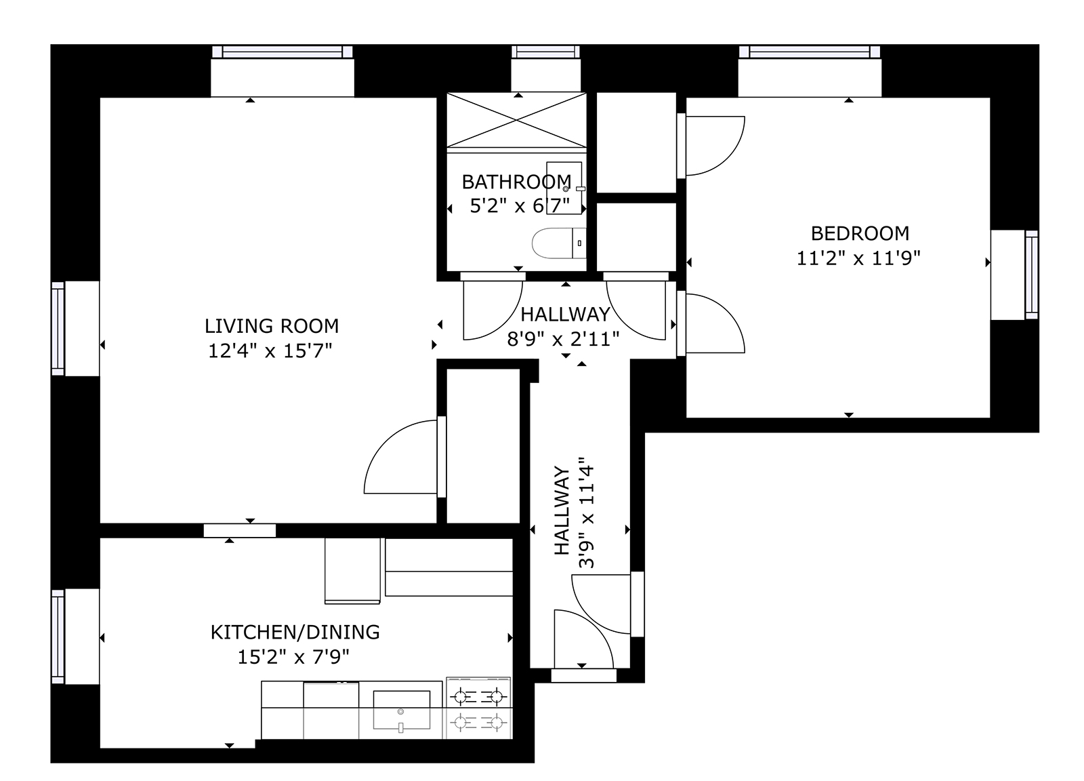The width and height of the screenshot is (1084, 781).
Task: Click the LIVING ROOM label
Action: pos(272,326)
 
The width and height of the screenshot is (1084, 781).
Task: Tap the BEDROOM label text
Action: pos(860,233)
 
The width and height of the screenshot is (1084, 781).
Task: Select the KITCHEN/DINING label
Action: pos(295,633)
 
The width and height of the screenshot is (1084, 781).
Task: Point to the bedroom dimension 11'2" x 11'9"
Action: pos(858,258)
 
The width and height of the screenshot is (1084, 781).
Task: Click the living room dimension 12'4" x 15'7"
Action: pos(270,351)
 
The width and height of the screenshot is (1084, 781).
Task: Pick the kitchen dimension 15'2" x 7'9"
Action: pos(293,658)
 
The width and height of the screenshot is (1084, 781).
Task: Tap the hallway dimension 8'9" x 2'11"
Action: pos(563,339)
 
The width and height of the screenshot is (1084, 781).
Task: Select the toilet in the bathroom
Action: pos(559,243)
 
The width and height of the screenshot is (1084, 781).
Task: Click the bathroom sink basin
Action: pos(564,188)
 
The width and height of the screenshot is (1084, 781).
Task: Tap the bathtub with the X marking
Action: pos(516,119)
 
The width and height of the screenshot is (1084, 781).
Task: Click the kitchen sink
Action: pos(401,710)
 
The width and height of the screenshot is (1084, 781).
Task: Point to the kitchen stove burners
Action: pos(478,709)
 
